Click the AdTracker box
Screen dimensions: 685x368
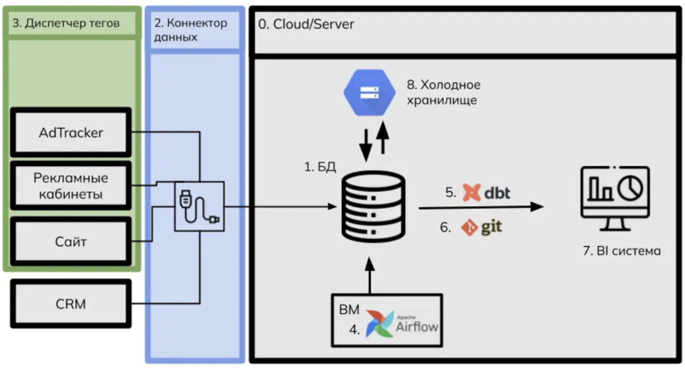pyautogui.click(x=71, y=132)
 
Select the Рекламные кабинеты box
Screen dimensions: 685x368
pyautogui.click(x=71, y=185)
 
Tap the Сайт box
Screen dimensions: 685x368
pyautogui.click(x=71, y=241)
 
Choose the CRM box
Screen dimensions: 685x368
pyautogui.click(x=71, y=304)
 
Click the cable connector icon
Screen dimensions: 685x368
pyautogui.click(x=199, y=207)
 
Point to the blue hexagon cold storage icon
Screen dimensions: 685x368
pyautogui.click(x=370, y=92)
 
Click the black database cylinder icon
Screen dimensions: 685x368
pyautogui.click(x=373, y=207)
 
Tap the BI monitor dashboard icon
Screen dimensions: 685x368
pyautogui.click(x=615, y=198)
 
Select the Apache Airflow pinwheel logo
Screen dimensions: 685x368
pyautogui.click(x=380, y=323)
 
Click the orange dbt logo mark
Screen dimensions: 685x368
pyautogui.click(x=471, y=192)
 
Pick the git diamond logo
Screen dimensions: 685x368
pyautogui.click(x=470, y=228)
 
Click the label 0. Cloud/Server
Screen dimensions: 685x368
pyautogui.click(x=306, y=24)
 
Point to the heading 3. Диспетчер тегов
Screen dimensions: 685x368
pyautogui.click(x=66, y=23)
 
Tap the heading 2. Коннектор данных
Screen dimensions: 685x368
pyautogui.click(x=191, y=30)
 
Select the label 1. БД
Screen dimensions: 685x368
pyautogui.click(x=320, y=167)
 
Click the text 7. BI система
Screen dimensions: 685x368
pyautogui.click(x=622, y=251)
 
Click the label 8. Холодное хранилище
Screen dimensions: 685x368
pyautogui.click(x=444, y=92)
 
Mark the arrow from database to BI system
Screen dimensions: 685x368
pyautogui.click(x=481, y=207)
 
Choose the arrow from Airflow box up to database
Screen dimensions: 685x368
pyautogui.click(x=370, y=276)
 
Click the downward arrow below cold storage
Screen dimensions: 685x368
pyautogui.click(x=366, y=146)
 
